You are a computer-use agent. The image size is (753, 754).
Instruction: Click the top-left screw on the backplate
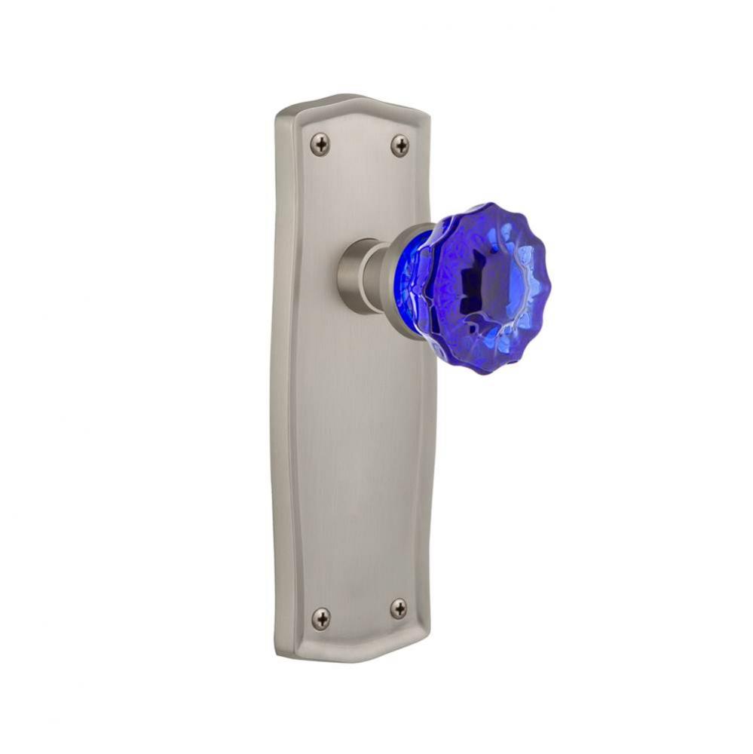coord(320,144)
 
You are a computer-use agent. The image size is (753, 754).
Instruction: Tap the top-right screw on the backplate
coord(399,145)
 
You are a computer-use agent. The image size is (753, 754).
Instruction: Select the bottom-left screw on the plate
coord(321,619)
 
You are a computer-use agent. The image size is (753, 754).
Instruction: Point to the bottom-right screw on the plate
coord(399,608)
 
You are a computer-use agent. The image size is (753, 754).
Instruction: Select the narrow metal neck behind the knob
coord(378,275)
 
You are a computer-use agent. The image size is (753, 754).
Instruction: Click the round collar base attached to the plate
coord(353,276)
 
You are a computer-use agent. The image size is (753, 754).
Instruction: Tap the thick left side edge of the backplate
coord(283,377)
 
